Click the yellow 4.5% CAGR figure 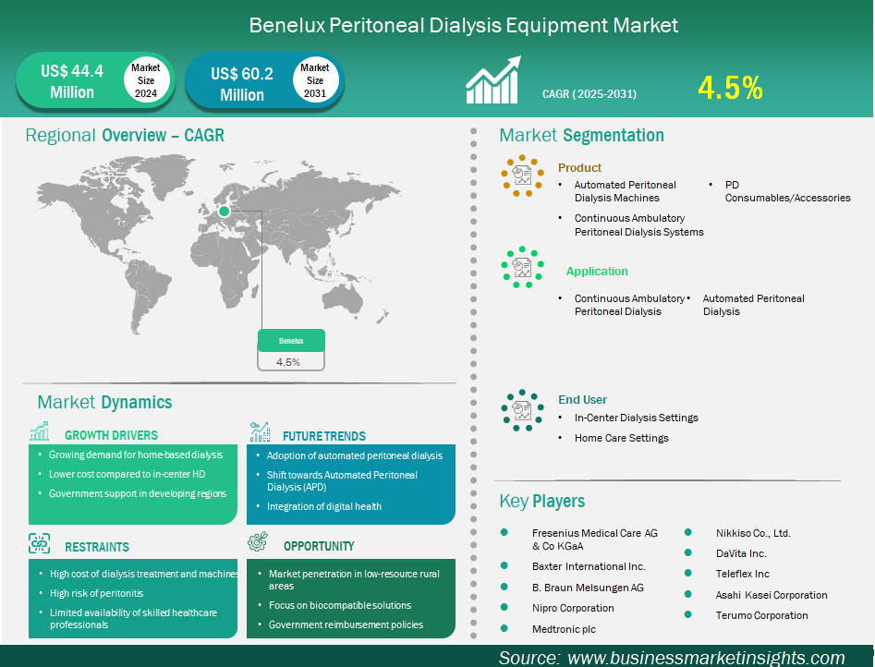click(730, 88)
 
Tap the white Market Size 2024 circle click(146, 80)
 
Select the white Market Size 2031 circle click(315, 80)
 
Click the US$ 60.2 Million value click(242, 84)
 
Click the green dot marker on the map click(224, 211)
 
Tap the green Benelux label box click(291, 341)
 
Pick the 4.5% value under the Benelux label click(288, 362)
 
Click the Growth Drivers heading click(111, 435)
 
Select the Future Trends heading click(324, 436)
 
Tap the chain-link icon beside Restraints click(39, 543)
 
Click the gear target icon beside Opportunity click(258, 541)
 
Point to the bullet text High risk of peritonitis click(96, 593)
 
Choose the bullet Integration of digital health click(324, 506)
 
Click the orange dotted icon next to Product click(522, 176)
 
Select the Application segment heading click(597, 272)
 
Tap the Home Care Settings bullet click(622, 438)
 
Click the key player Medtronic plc click(564, 629)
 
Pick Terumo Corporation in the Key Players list click(761, 615)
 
